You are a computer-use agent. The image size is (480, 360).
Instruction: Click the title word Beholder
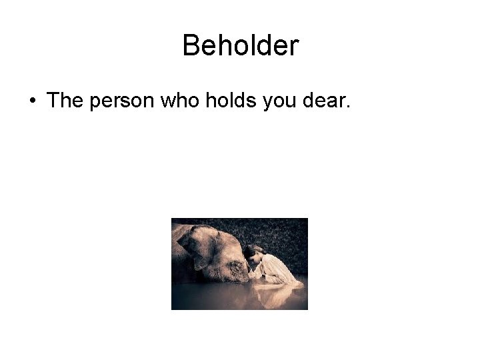pos(240,46)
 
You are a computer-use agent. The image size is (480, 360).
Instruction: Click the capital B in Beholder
pos(190,46)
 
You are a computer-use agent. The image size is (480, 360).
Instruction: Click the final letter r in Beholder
pos(295,46)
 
